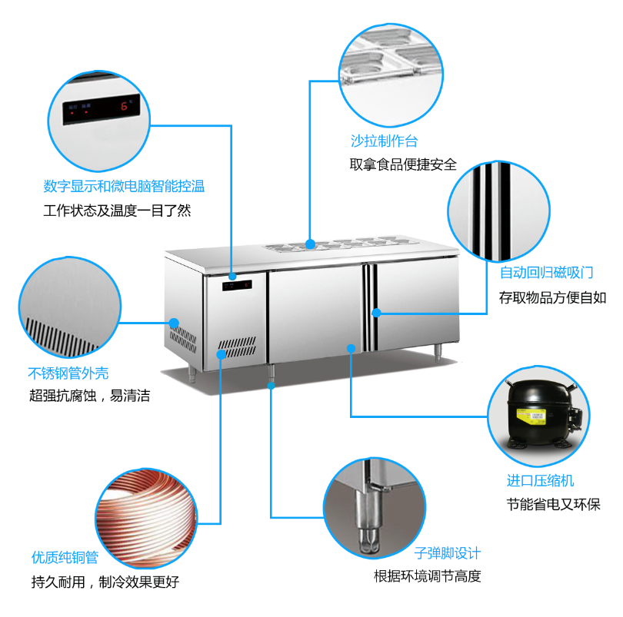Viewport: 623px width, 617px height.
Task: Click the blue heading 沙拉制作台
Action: click(385, 141)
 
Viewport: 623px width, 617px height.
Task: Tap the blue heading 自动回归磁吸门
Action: click(547, 273)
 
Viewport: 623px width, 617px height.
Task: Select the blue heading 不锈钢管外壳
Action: click(68, 373)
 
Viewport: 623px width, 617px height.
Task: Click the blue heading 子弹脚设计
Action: click(448, 552)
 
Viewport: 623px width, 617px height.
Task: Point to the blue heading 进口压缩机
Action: click(541, 481)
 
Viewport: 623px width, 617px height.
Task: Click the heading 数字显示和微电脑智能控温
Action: click(125, 186)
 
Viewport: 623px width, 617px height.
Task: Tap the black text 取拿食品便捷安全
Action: click(403, 164)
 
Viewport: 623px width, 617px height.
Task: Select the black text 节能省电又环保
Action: click(553, 504)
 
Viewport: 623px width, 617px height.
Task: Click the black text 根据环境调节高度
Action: click(428, 576)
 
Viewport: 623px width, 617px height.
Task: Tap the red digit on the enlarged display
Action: click(123, 107)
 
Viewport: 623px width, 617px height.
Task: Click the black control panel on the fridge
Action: click(237, 287)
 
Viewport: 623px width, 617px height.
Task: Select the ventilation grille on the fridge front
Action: click(237, 348)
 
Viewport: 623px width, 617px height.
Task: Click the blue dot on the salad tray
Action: click(310, 244)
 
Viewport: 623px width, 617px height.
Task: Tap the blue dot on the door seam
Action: click(377, 313)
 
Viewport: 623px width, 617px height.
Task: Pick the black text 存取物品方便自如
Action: click(553, 297)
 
